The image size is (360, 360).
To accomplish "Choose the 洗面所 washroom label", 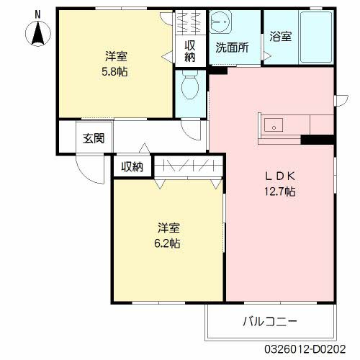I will click(x=232, y=48).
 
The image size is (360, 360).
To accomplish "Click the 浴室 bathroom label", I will click(x=281, y=37).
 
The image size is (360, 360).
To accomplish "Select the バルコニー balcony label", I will click(x=269, y=320).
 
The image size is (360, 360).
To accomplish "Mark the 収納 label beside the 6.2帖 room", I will click(x=132, y=167).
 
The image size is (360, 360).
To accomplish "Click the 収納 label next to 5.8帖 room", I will click(x=190, y=50).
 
